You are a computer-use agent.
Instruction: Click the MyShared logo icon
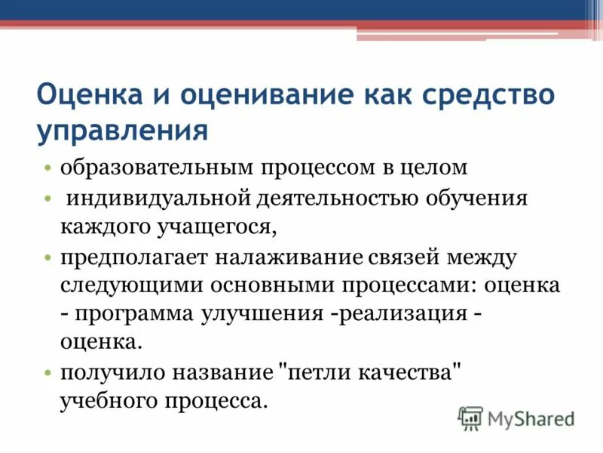point(470,418)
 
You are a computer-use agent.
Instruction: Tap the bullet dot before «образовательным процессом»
point(47,168)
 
